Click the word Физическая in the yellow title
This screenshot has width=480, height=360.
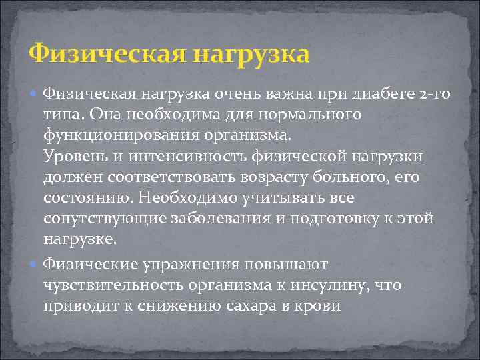point(106,53)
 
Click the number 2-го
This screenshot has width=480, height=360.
point(432,95)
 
